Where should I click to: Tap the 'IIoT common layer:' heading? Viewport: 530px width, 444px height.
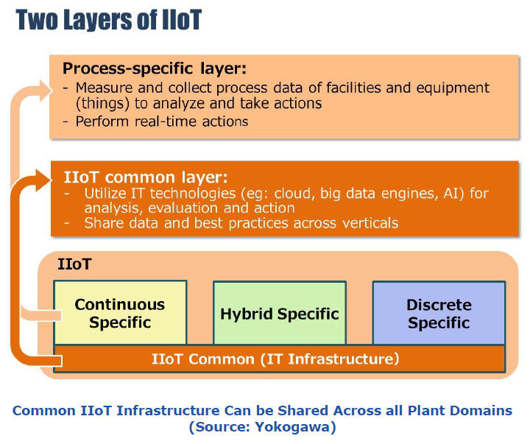point(146,177)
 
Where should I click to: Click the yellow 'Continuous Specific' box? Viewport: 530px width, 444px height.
point(120,313)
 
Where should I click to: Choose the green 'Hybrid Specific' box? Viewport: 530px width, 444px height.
point(280,314)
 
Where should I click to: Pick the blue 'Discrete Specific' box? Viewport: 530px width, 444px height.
point(439,313)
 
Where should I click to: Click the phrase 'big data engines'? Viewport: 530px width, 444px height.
point(389,194)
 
